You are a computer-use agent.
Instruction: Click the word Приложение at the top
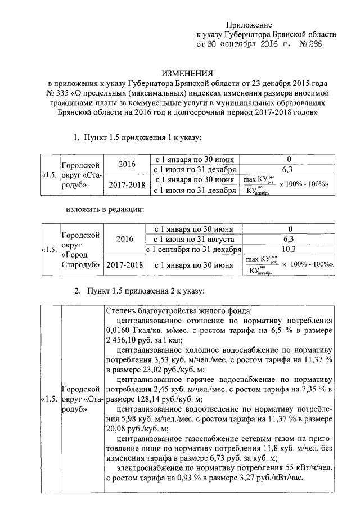[249, 25]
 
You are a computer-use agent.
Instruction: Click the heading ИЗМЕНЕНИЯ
[187, 73]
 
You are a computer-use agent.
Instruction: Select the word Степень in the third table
[120, 313]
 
